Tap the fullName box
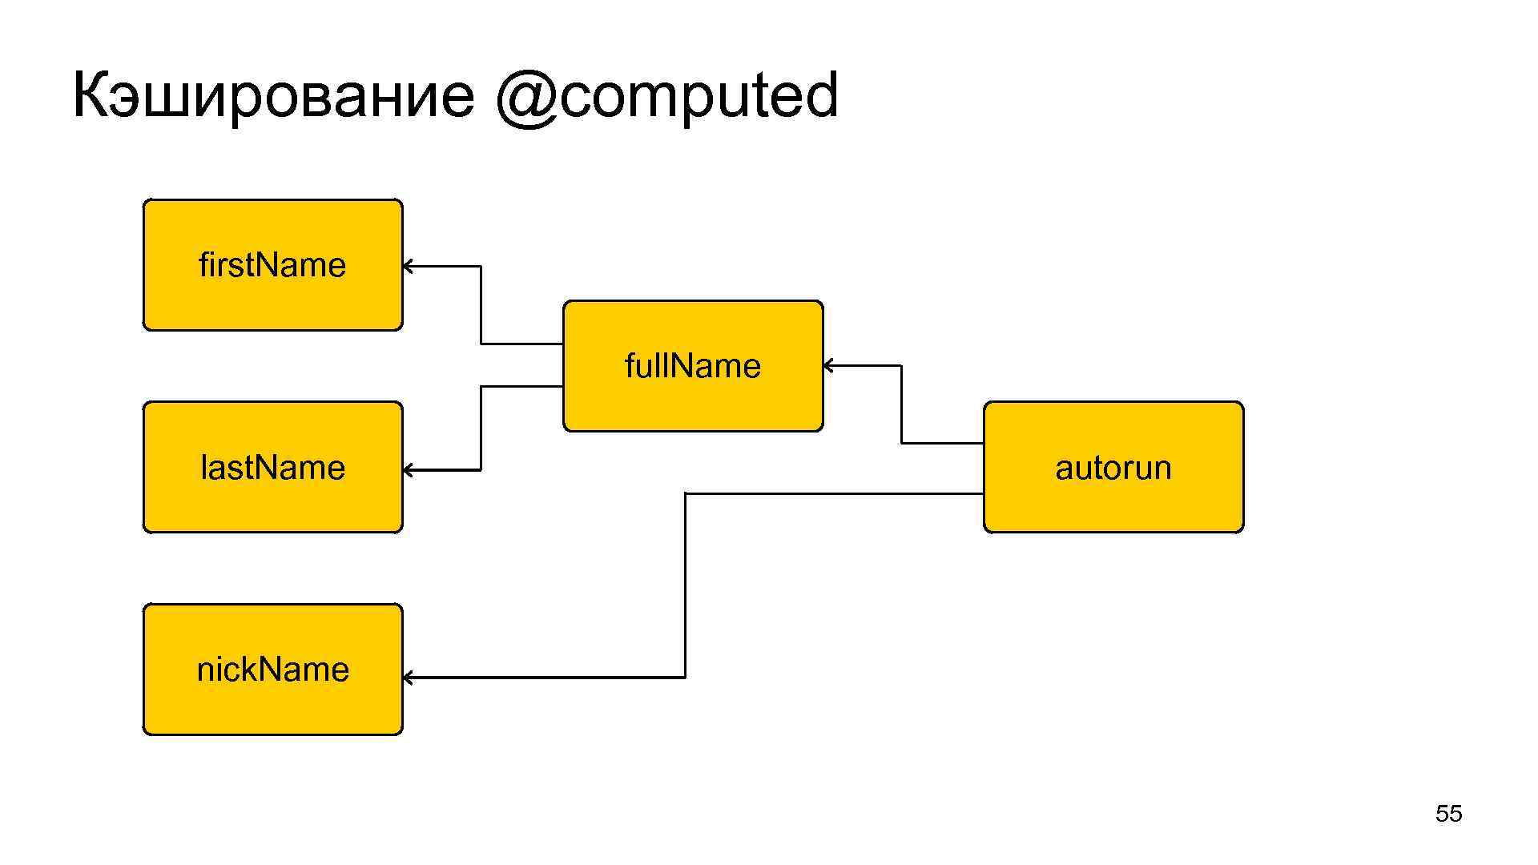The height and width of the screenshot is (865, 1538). coord(693,400)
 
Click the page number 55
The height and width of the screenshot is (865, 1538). coord(1448,814)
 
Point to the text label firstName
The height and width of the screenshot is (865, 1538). coord(272,265)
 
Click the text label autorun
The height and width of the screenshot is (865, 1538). coord(1113,468)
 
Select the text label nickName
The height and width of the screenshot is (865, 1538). coord(272,670)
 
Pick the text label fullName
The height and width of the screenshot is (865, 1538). coord(693,366)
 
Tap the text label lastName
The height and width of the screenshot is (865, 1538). coord(272,468)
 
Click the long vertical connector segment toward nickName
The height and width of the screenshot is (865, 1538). coord(686,585)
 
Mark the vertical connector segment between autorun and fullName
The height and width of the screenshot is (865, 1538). coord(901,404)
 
